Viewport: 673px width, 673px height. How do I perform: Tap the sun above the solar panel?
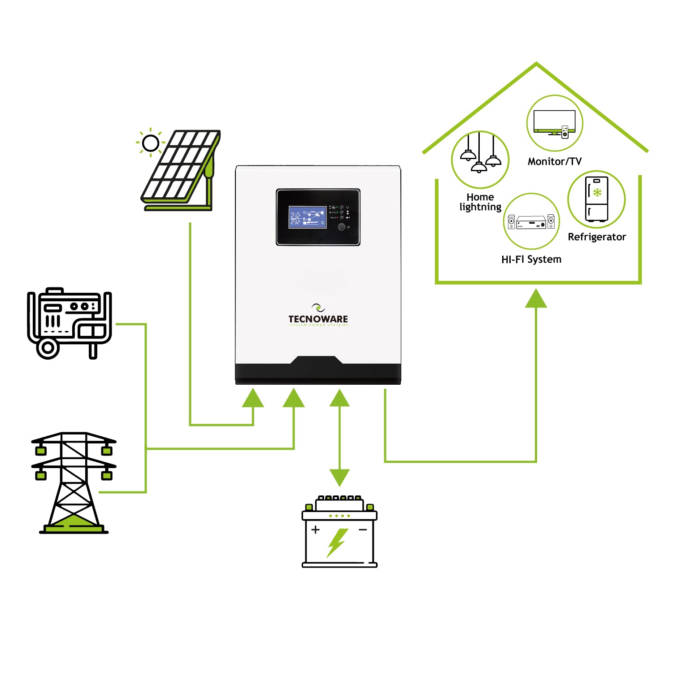pos(150,143)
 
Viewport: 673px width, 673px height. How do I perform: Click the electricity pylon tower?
pos(74,482)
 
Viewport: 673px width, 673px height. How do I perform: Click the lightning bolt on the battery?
pos(337,542)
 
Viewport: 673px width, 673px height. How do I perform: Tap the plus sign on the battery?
pos(316,530)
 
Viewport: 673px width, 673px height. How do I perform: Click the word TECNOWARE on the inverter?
pos(318,319)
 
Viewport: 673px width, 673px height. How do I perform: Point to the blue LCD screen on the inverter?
pos(307,217)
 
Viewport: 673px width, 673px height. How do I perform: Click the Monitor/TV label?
pos(555,161)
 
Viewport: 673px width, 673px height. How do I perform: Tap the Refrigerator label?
pos(597,237)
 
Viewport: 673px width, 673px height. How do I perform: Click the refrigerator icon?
pos(597,199)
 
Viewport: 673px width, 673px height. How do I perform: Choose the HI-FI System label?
pos(531,259)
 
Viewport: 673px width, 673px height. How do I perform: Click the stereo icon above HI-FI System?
pos(531,221)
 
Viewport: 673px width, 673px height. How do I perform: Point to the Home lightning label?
pos(480,202)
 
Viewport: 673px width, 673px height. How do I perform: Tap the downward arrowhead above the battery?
pos(339,477)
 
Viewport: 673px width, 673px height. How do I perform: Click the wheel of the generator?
pos(48,348)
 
